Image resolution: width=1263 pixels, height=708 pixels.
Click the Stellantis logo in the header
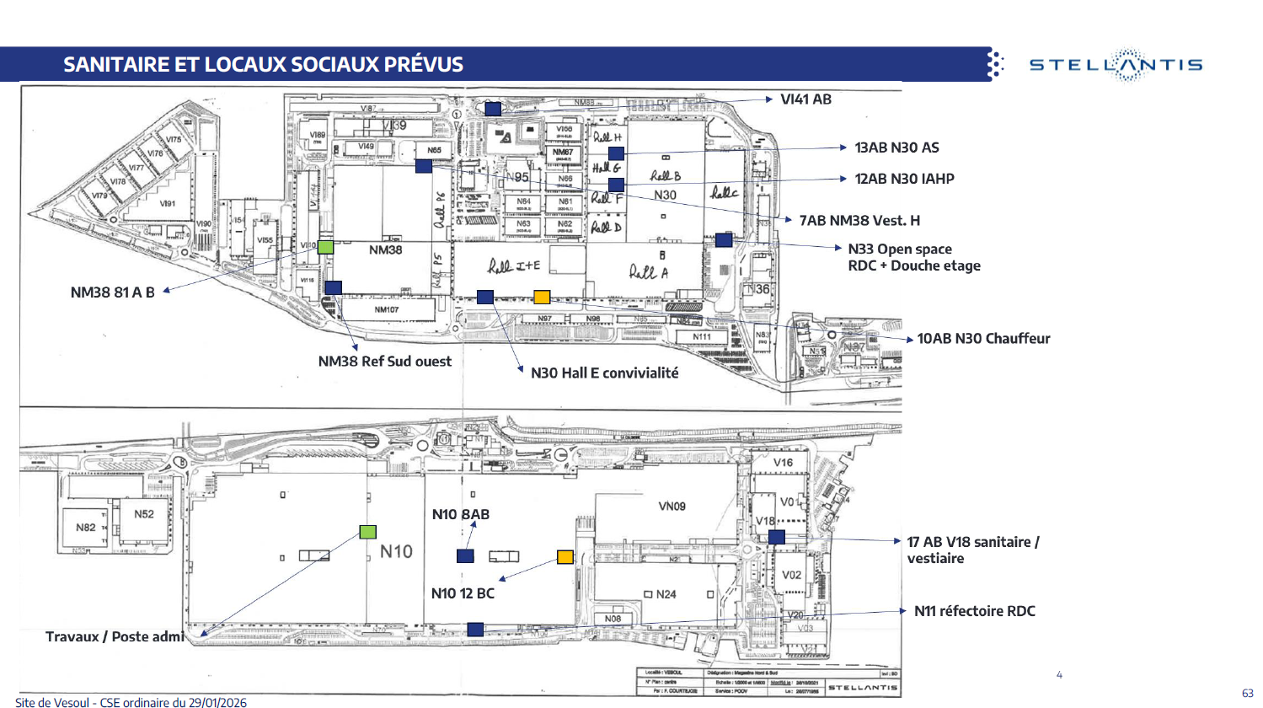(1116, 65)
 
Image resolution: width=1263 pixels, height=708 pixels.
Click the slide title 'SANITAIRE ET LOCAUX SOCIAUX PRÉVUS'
(263, 65)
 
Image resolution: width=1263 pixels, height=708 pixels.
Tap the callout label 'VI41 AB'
(805, 99)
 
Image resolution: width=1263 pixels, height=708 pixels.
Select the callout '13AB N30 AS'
(896, 147)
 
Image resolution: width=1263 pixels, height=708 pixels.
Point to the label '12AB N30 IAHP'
(904, 179)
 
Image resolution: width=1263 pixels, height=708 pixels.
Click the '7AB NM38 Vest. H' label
(859, 221)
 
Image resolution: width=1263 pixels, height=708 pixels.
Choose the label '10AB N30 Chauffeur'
(983, 339)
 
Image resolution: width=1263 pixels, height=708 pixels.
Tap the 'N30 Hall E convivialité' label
(604, 373)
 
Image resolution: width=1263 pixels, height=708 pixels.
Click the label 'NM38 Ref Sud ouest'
(384, 362)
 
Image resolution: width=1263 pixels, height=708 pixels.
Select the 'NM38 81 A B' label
(112, 292)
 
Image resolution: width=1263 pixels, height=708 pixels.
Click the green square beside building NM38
(325, 247)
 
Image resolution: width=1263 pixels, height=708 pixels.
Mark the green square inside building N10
(367, 532)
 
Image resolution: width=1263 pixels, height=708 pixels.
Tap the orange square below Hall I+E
(542, 297)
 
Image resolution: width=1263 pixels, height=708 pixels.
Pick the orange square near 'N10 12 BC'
(565, 557)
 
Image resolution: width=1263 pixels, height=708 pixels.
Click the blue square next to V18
(777, 536)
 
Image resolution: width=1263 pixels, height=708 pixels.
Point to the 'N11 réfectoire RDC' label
(974, 611)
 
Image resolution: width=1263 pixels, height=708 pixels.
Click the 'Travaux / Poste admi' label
(115, 636)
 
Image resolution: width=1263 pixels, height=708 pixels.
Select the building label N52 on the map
(144, 514)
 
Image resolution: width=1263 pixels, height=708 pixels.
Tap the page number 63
(1247, 693)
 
